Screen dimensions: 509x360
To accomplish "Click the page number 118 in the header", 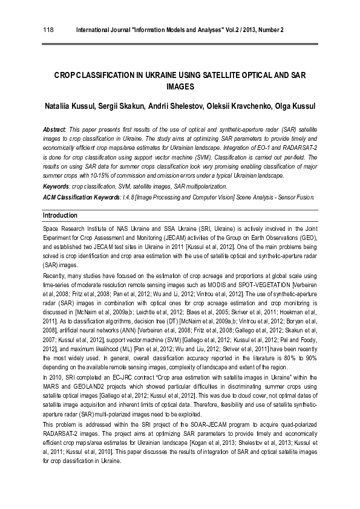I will tap(48, 30).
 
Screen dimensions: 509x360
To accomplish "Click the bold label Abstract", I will tap(54, 130).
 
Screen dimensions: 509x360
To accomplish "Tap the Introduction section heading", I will tap(61, 215).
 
